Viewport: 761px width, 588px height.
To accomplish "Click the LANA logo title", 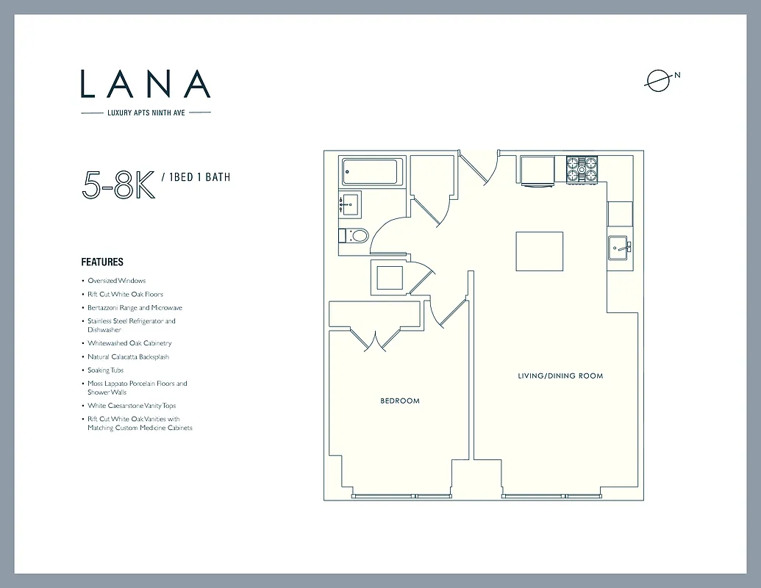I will click(146, 84).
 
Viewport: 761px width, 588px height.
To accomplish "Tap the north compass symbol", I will click(659, 81).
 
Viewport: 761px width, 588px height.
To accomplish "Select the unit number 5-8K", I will click(118, 184).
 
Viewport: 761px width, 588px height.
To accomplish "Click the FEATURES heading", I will click(102, 262).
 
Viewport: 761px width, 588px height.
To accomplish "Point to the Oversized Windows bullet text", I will click(117, 281).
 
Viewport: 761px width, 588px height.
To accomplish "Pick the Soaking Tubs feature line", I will click(106, 370).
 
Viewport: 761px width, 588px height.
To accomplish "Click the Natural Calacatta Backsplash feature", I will click(129, 357).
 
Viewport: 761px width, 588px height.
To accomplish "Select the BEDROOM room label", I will click(400, 401).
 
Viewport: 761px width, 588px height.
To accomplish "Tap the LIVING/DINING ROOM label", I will click(560, 376).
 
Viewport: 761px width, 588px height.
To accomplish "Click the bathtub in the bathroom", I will click(372, 173).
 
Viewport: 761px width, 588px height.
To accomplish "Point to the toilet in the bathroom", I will click(357, 236).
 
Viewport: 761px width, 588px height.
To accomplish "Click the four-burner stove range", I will click(581, 170).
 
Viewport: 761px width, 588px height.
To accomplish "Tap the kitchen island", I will click(540, 251).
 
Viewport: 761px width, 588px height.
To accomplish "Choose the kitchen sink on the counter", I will click(619, 246).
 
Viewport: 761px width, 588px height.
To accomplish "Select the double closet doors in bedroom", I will click(375, 340).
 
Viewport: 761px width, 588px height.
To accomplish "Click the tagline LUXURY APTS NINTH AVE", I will click(146, 112).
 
